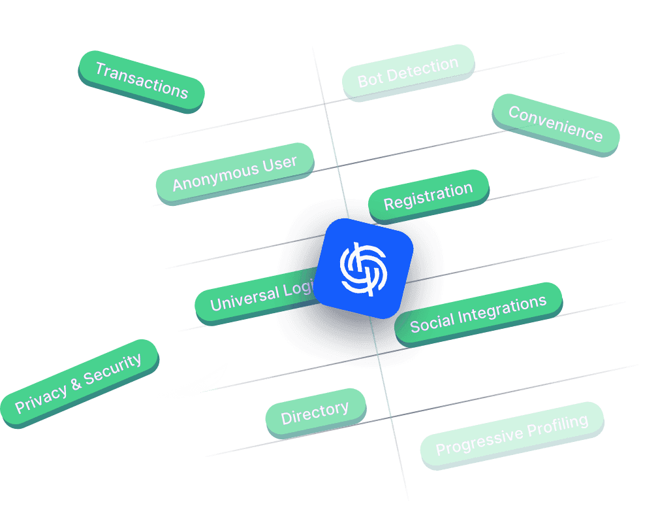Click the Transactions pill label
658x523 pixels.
click(141, 80)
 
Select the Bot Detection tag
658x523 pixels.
click(408, 72)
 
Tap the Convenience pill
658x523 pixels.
click(555, 124)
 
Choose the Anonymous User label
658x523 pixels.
click(234, 171)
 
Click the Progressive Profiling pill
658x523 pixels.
click(512, 434)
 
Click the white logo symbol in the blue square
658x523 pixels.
click(363, 269)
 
